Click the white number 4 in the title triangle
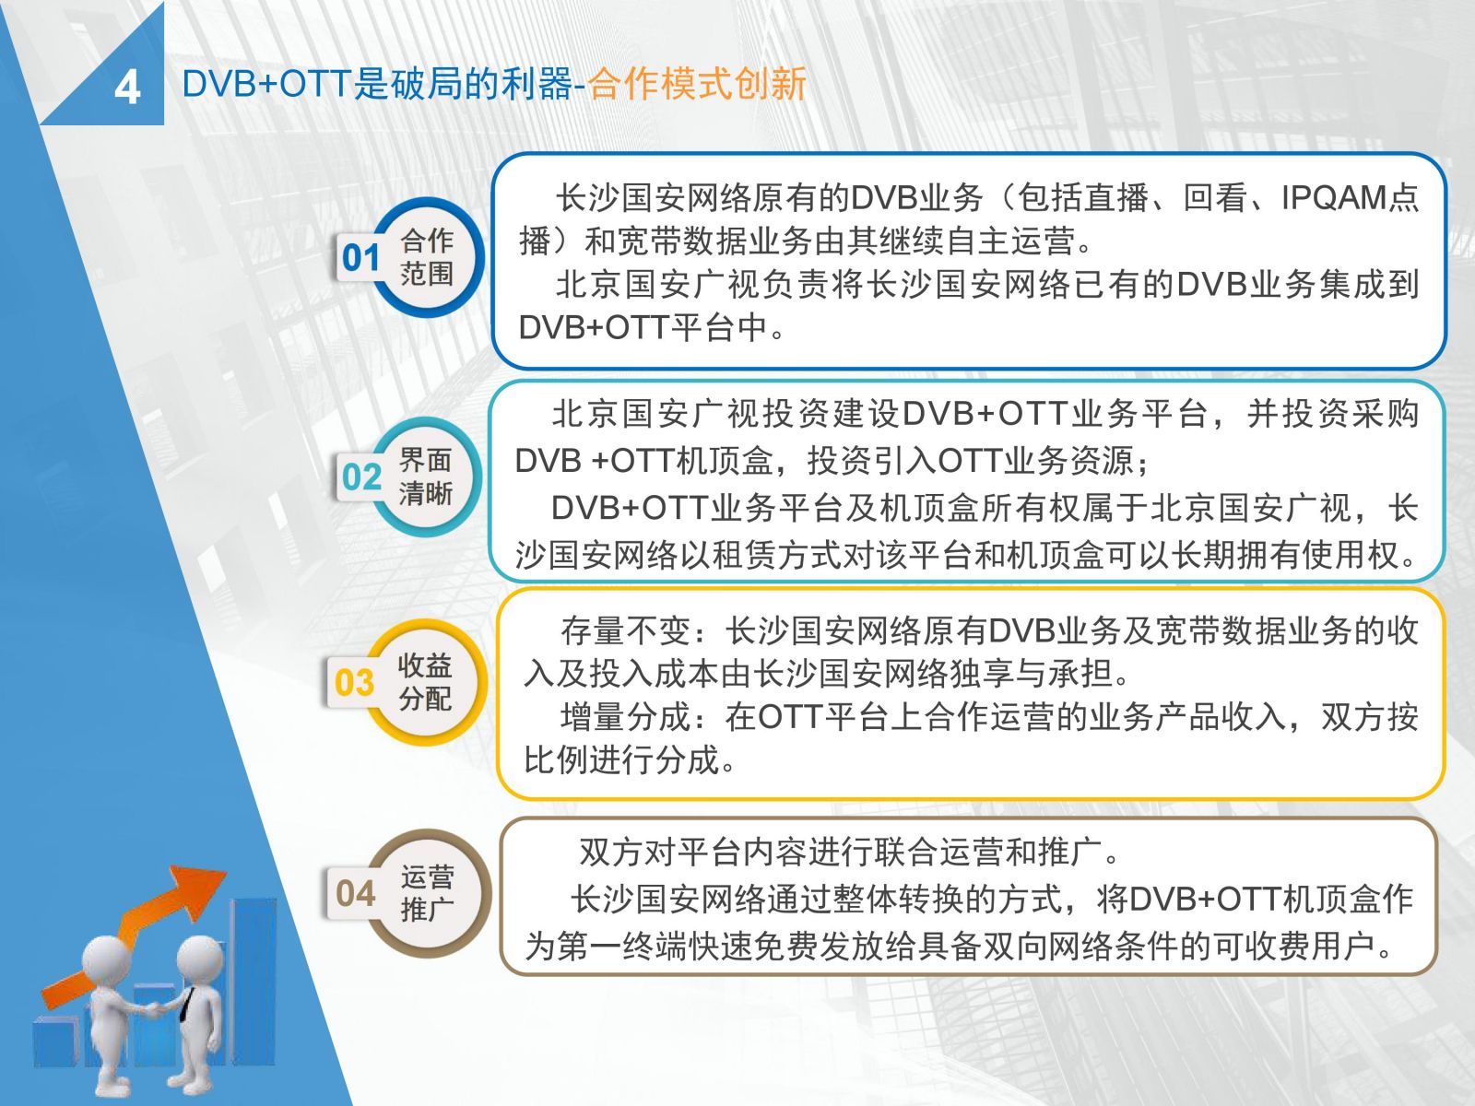pos(127,88)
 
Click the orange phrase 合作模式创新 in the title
pos(697,84)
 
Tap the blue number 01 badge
pos(360,257)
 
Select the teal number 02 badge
pos(361,477)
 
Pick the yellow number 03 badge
pos(354,682)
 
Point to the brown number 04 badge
pos(356,893)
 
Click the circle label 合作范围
pos(427,257)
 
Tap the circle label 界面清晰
pos(425,477)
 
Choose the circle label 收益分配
pos(425,682)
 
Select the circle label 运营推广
pos(428,893)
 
